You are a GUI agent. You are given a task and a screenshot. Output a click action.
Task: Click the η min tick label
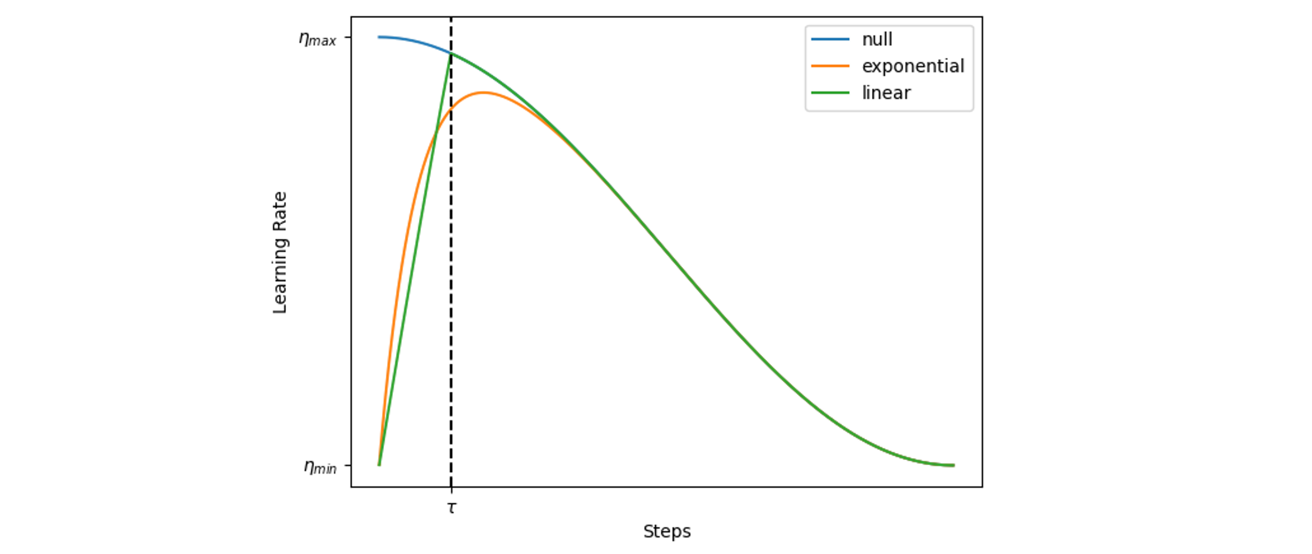click(320, 467)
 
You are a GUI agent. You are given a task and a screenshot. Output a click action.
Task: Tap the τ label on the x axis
click(452, 508)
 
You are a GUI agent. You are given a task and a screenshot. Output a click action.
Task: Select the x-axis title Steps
click(667, 532)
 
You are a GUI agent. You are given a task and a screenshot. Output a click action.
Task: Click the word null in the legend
click(877, 39)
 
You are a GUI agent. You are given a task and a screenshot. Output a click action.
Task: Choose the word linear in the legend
click(886, 93)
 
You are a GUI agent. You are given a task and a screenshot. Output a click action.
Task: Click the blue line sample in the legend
click(830, 39)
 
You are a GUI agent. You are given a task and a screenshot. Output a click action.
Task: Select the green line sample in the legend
click(830, 93)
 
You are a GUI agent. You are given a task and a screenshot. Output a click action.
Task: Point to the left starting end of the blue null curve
click(379, 37)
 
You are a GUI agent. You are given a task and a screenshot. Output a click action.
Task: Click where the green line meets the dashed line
click(451, 53)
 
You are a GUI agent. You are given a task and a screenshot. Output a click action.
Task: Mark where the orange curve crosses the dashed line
click(451, 108)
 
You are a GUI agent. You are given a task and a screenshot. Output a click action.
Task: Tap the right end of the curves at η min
click(953, 465)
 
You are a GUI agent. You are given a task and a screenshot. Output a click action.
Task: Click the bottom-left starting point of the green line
click(379, 465)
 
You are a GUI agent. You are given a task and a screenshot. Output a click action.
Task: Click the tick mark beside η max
click(348, 37)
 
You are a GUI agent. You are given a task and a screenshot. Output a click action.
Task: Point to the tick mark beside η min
click(348, 465)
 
